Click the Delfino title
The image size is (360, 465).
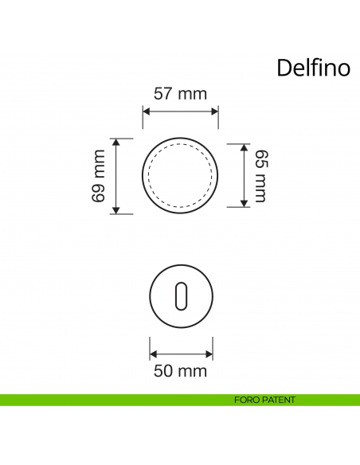(x=313, y=68)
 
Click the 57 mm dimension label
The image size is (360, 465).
(x=180, y=94)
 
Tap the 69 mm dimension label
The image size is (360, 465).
(x=99, y=176)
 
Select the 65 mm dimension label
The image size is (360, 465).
(x=260, y=175)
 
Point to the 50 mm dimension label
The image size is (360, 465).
(x=180, y=370)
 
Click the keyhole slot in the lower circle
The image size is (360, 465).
(x=180, y=295)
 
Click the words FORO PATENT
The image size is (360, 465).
(x=266, y=400)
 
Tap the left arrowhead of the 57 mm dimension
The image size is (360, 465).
(x=146, y=113)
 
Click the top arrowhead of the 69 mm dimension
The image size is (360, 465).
(x=116, y=142)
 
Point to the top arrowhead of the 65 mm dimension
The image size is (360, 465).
(x=243, y=147)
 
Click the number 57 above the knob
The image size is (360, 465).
(x=164, y=94)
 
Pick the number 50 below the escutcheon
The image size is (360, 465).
(x=164, y=370)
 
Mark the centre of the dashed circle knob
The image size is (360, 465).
(x=180, y=175)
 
